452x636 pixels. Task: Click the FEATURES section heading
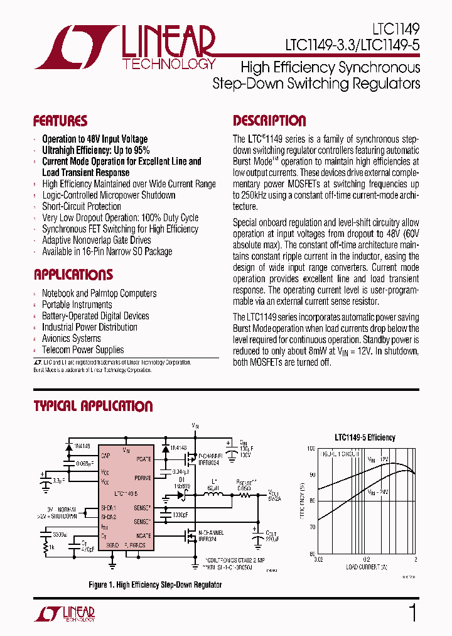[x=60, y=121]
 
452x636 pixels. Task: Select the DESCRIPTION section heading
[x=269, y=121]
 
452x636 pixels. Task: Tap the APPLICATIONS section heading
[x=73, y=275]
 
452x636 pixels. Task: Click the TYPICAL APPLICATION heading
[x=93, y=406]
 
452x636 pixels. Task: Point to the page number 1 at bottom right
[x=412, y=613]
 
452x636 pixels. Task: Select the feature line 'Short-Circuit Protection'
[x=82, y=206]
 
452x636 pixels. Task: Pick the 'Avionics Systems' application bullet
[x=71, y=338]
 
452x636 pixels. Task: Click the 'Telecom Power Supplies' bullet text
[x=83, y=349]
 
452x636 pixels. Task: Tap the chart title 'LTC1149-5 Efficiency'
[x=364, y=437]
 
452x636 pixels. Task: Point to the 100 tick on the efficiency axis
[x=311, y=448]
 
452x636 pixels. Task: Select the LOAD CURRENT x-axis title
[x=365, y=566]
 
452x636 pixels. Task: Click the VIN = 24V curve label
[x=379, y=492]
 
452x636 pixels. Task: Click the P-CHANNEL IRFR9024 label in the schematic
[x=211, y=459]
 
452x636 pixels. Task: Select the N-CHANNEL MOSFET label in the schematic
[x=212, y=535]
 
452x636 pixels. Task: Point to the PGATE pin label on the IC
[x=144, y=459]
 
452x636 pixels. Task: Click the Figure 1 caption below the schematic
[x=155, y=585]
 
